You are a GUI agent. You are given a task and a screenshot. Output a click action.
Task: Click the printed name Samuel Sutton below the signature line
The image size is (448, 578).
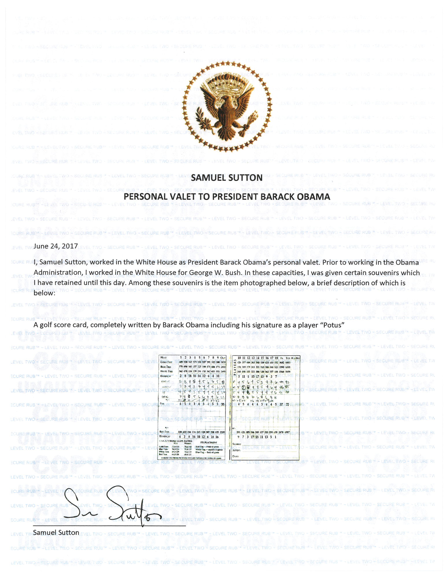click(56, 533)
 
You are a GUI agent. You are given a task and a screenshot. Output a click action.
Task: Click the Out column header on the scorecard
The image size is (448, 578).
click(223, 358)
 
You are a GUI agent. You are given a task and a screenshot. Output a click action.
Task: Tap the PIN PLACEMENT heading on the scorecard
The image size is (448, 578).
click(209, 442)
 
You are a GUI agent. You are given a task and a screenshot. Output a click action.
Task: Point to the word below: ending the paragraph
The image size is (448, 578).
click(44, 293)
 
